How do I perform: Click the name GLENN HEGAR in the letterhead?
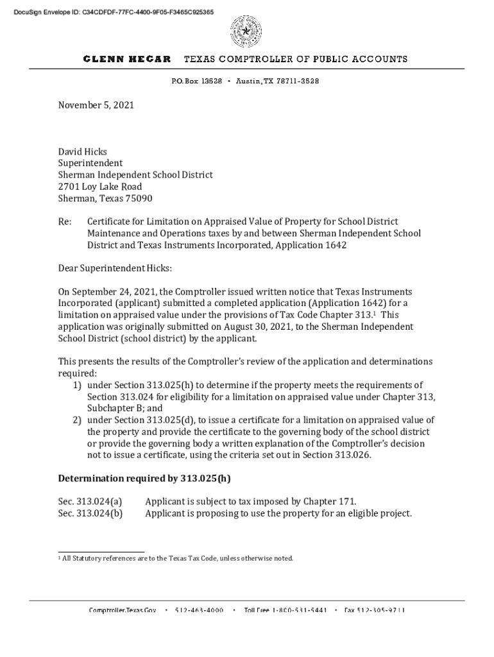click(127, 59)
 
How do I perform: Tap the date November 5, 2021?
click(96, 105)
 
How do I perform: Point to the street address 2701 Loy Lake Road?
click(100, 187)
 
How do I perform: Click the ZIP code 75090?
click(139, 198)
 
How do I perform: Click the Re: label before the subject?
click(65, 222)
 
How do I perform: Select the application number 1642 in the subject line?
click(334, 245)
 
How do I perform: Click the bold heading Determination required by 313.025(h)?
click(144, 478)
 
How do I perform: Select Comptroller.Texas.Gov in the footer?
click(123, 610)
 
